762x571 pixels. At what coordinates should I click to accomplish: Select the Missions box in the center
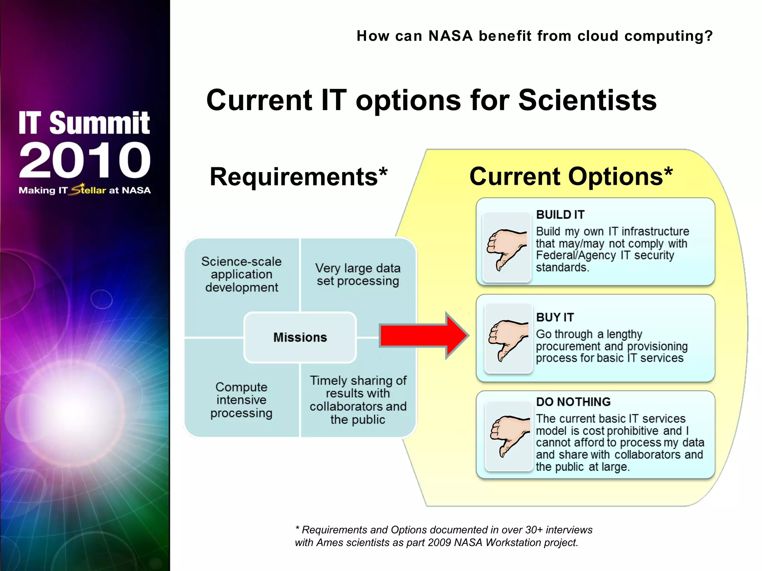pos(300,337)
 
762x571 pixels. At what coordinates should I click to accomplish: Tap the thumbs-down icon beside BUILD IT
pos(506,248)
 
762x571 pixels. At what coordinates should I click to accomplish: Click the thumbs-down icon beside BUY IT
pos(508,339)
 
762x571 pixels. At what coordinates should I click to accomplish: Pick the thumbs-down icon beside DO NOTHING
pos(509,436)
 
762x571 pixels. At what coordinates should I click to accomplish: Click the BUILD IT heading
pos(560,214)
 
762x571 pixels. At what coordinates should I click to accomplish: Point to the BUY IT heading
pos(555,317)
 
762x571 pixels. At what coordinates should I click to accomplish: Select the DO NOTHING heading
pos(573,401)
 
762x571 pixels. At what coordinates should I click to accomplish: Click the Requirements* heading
pos(298,177)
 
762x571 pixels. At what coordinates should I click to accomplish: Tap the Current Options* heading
pos(571,176)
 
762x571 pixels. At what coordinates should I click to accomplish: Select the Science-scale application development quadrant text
pos(241,274)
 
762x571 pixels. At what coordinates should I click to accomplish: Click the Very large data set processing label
pos(358,274)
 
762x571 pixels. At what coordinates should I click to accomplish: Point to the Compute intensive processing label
pos(241,400)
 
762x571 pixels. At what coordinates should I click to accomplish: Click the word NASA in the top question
pos(450,36)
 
